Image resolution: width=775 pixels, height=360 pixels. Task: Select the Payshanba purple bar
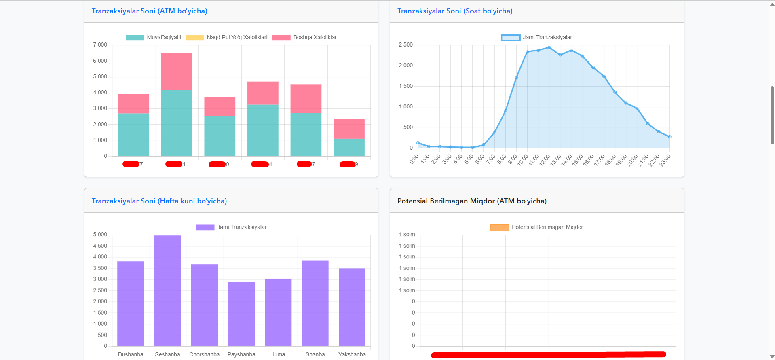241,314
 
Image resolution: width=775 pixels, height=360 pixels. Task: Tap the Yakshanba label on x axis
352,354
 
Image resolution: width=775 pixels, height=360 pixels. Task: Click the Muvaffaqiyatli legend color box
135,38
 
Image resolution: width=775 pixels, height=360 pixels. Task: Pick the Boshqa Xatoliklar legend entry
315,38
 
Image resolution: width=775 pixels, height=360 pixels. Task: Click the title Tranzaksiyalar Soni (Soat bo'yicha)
455,11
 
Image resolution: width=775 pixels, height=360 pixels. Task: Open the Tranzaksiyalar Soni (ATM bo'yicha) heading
149,11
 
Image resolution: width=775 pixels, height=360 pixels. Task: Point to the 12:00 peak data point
549,48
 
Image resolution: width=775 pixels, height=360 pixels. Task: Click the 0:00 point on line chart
418,143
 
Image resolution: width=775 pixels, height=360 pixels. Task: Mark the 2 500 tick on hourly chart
405,44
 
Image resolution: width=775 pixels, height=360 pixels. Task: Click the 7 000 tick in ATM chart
100,44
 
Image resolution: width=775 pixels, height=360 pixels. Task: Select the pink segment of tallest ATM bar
177,72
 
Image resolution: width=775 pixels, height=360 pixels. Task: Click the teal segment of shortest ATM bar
349,147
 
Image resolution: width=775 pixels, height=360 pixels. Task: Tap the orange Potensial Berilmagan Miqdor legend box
499,227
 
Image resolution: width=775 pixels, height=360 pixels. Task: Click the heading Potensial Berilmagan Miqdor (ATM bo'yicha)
472,201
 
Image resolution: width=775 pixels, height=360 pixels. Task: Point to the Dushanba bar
131,303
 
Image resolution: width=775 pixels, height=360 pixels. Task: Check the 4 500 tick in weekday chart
100,246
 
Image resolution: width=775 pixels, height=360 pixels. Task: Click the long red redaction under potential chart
548,355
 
